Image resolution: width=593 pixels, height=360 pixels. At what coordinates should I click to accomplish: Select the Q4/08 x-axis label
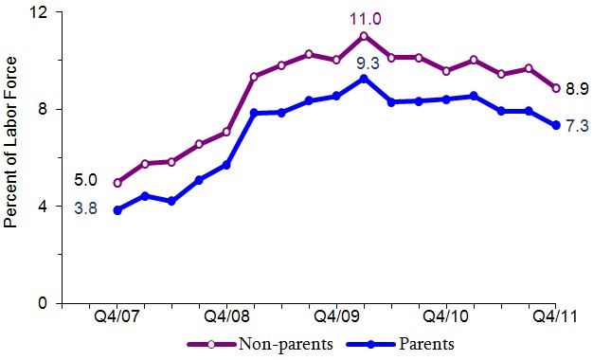coord(226,316)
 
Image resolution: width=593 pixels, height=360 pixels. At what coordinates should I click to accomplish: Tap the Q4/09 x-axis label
coord(336,316)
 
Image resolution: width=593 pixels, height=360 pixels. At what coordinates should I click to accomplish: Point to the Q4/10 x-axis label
coord(446,316)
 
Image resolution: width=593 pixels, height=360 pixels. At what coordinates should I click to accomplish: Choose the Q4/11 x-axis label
coord(556,316)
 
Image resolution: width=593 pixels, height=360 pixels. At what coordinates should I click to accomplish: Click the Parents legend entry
coord(407,344)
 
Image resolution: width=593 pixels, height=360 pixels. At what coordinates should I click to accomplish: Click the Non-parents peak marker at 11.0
coord(364,36)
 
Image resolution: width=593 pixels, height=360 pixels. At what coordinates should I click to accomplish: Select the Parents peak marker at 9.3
coord(364,78)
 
